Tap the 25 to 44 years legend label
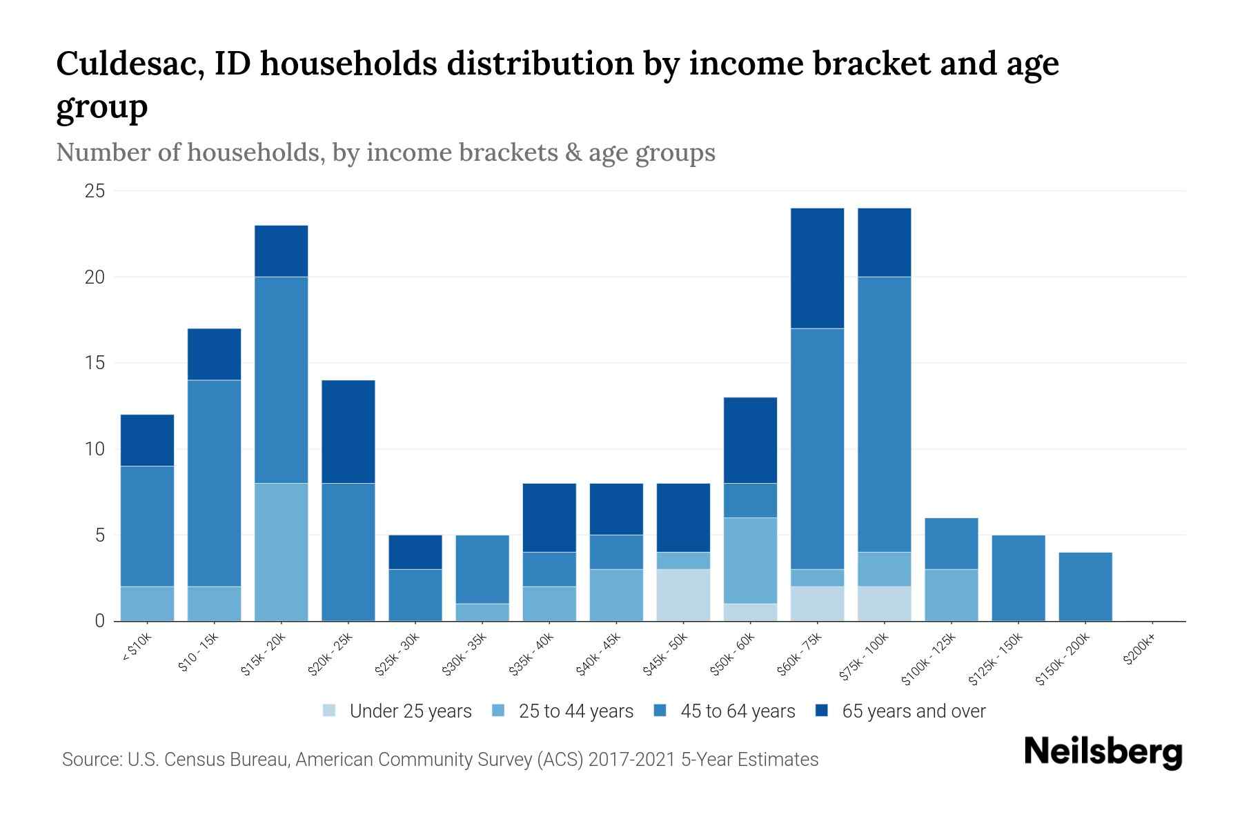[x=575, y=711]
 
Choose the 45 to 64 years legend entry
[x=737, y=711]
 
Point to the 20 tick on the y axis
[x=95, y=277]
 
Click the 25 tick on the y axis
[x=95, y=191]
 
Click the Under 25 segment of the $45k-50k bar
[x=683, y=595]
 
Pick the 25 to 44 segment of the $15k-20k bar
[x=281, y=552]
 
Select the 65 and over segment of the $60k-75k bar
[x=817, y=268]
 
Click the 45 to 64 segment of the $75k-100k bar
[x=884, y=414]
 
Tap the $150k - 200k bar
[x=1085, y=586]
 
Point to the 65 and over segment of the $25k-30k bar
[x=415, y=552]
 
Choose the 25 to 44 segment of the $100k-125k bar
[x=951, y=595]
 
